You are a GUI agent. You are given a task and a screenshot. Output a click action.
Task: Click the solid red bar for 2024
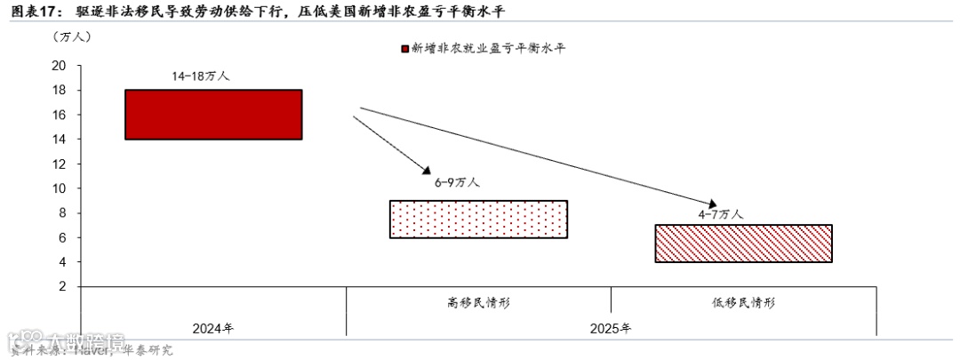click(x=213, y=115)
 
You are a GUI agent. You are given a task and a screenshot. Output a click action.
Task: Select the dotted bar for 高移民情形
click(x=478, y=219)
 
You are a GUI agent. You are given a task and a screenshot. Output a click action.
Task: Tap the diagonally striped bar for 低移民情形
click(x=743, y=244)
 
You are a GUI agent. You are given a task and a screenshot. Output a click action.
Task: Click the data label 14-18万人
click(x=201, y=76)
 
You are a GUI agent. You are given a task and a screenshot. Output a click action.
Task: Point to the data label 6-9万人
click(x=457, y=182)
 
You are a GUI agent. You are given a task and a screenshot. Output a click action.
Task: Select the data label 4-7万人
click(x=720, y=213)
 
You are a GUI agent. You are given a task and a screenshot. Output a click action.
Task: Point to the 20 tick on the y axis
click(x=60, y=66)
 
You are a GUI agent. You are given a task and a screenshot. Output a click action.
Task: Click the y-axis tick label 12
click(x=60, y=164)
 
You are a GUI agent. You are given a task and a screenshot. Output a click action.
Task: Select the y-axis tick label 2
click(x=63, y=287)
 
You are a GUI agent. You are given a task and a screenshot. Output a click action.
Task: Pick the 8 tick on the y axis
click(x=63, y=213)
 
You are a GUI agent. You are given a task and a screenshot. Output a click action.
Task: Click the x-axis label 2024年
click(x=213, y=328)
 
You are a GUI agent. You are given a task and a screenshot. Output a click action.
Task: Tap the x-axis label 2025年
click(x=611, y=328)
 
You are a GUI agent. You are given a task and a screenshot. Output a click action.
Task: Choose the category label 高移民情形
click(x=478, y=302)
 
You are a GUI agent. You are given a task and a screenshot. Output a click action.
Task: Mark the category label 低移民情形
click(x=743, y=302)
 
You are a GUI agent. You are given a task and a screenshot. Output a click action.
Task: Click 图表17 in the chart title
click(x=32, y=11)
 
